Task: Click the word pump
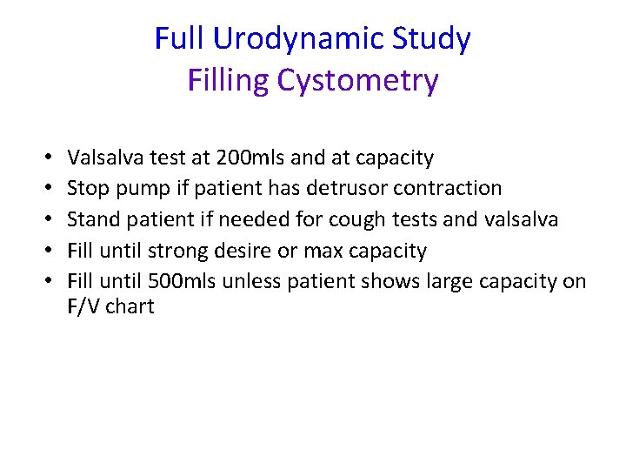click(132, 189)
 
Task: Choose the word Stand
click(90, 219)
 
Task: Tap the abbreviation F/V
click(83, 306)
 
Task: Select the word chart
click(130, 306)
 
